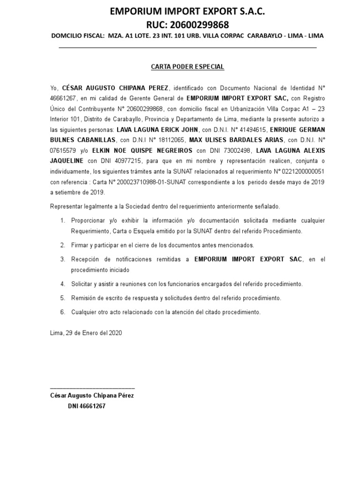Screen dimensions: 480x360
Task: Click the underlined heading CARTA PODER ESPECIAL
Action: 187,67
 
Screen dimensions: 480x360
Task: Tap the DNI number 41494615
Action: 250,129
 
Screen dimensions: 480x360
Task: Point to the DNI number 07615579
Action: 64,150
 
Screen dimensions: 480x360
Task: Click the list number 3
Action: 62,259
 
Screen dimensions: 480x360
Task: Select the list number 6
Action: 62,312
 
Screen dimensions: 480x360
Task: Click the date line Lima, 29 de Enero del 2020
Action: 86,333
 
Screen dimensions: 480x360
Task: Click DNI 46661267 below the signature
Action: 87,406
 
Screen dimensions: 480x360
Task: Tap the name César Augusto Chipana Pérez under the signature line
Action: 92,396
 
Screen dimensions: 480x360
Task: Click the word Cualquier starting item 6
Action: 84,312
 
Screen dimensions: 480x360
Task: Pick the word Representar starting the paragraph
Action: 67,207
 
